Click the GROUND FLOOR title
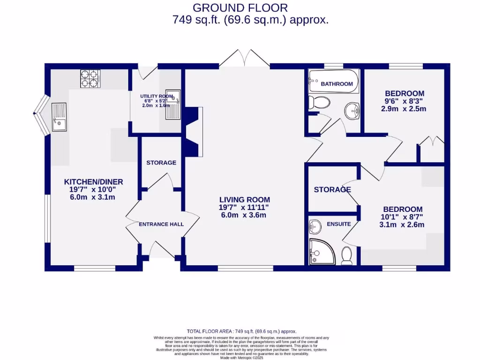click(240, 7)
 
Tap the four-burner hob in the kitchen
click(90, 78)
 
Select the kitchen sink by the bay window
click(60, 117)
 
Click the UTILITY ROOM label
click(153, 97)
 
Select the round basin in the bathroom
click(352, 111)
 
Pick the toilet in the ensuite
click(347, 255)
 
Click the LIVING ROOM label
click(244, 200)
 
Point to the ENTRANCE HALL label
click(161, 225)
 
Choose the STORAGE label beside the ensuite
click(332, 190)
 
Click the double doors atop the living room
click(244, 58)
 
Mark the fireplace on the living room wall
click(195, 132)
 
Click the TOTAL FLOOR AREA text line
click(241, 331)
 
